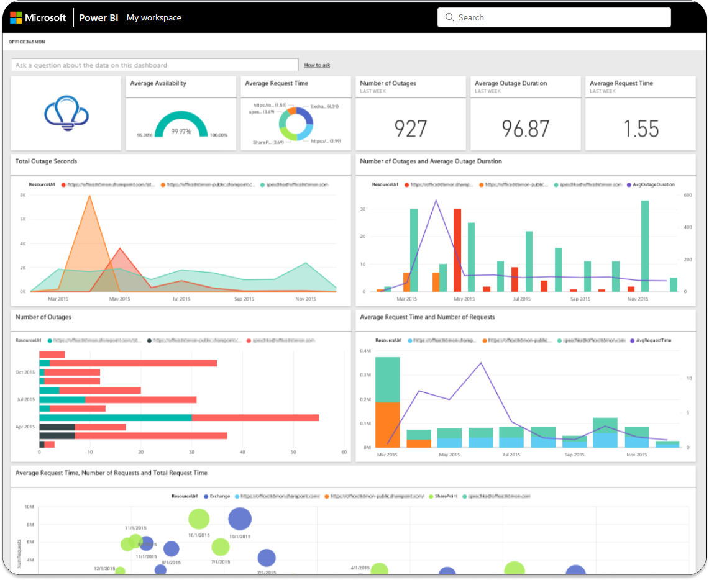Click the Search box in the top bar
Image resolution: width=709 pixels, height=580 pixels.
point(554,17)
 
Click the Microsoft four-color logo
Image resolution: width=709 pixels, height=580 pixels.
point(16,17)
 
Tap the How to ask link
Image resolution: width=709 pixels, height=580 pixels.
point(317,65)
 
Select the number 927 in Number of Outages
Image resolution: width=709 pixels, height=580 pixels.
point(411,129)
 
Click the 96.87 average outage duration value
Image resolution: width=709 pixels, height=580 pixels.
point(526,129)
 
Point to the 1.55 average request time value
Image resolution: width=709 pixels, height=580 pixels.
point(641,129)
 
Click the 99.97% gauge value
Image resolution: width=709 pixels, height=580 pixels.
point(181,132)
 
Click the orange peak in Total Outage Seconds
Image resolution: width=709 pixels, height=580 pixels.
point(89,197)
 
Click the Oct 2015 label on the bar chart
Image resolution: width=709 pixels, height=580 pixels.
point(25,372)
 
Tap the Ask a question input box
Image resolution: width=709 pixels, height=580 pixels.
point(155,65)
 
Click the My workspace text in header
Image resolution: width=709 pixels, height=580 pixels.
point(154,17)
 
